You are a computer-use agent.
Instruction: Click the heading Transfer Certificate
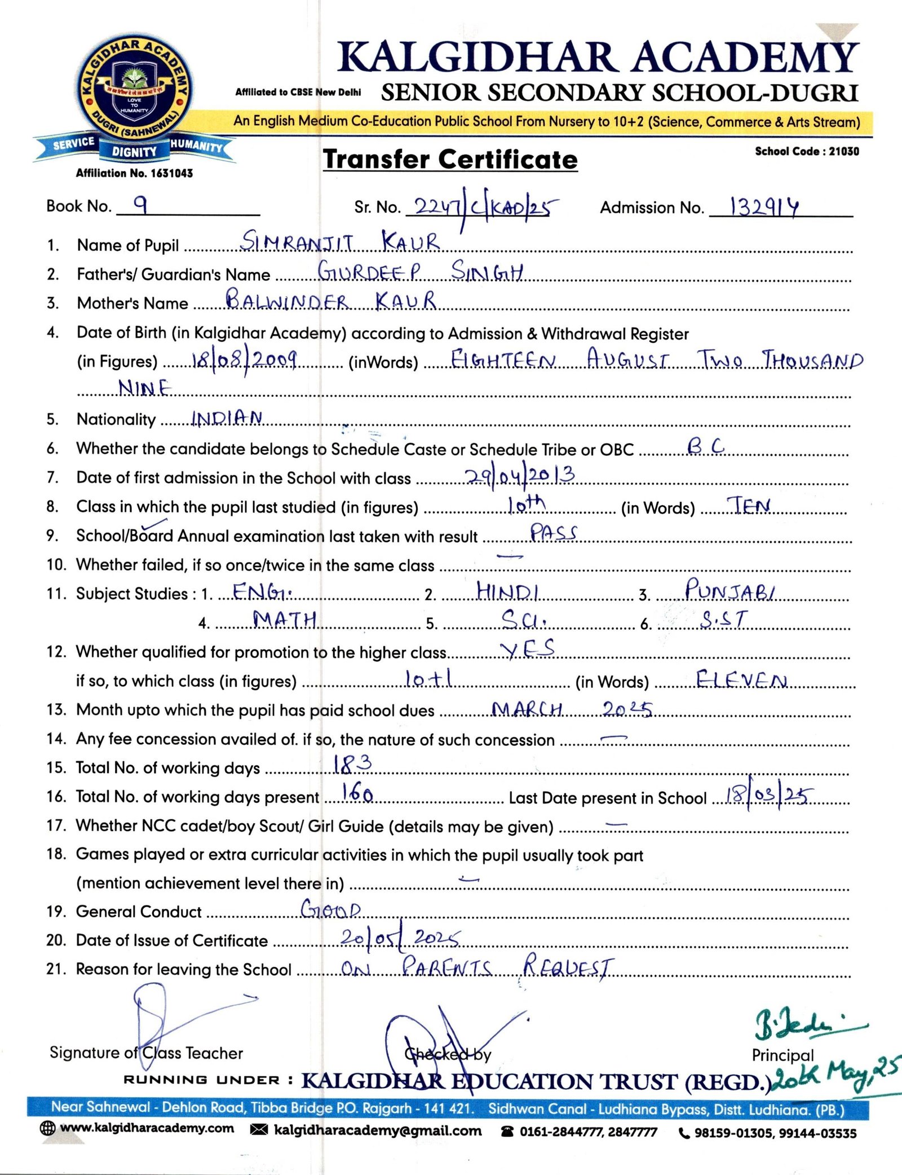(450, 160)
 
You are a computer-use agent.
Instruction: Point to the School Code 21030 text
(807, 151)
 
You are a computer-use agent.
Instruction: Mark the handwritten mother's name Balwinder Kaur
(331, 300)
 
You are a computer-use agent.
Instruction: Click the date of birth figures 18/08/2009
(244, 359)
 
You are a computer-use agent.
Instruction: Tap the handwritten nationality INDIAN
(227, 418)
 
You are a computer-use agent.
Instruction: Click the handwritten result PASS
(553, 532)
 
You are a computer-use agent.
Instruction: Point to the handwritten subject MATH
(285, 620)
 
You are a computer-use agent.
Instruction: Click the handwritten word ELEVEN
(741, 679)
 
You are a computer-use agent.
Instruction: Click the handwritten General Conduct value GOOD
(330, 909)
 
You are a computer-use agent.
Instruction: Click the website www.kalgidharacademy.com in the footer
(146, 1128)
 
